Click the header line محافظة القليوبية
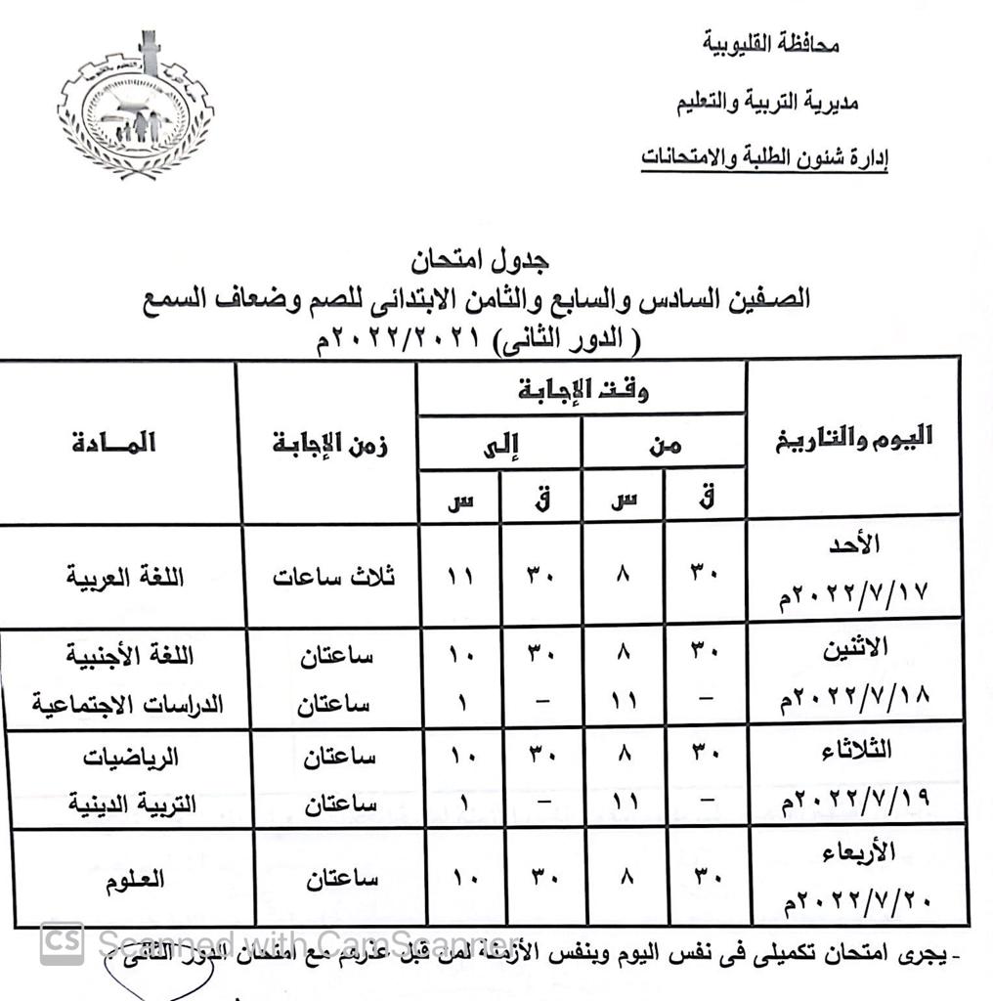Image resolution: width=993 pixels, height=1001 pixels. coord(770,44)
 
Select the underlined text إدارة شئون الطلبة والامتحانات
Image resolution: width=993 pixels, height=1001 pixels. coord(764,157)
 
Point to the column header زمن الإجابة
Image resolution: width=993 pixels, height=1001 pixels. coord(329,444)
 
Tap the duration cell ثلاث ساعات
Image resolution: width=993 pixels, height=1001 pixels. coord(334,576)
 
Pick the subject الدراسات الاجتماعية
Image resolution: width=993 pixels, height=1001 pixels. coord(128,704)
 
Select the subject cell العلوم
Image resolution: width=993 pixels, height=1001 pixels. coord(135,878)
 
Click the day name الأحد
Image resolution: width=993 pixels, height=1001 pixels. coord(856,544)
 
